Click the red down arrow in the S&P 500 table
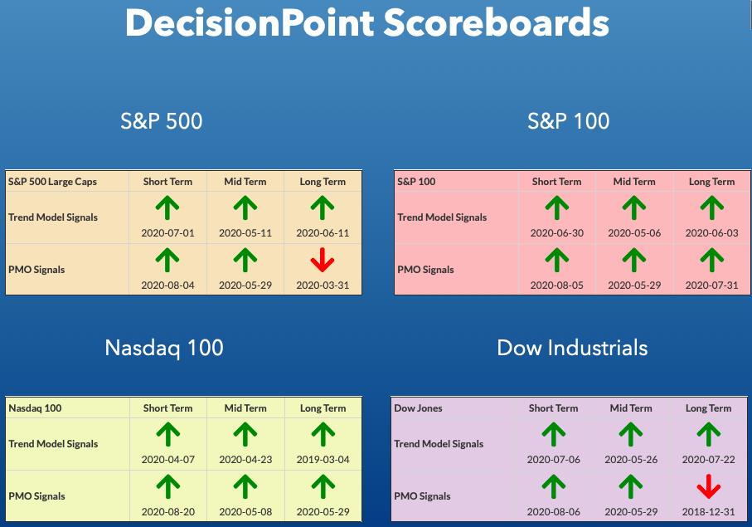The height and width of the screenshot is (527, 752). [323, 260]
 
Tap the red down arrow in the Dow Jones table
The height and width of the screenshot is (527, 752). [708, 486]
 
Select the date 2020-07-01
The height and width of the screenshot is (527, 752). [167, 232]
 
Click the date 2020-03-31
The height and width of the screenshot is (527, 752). [323, 285]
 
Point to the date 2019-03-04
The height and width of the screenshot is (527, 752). [323, 459]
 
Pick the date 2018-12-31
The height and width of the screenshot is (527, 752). [708, 511]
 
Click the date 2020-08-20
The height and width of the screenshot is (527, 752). [167, 511]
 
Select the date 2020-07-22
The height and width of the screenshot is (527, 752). [708, 459]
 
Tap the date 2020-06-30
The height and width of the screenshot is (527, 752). [557, 232]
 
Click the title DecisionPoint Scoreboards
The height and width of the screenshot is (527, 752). [367, 22]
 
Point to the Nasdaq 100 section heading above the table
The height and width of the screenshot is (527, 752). [164, 348]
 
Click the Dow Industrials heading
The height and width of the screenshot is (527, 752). [572, 348]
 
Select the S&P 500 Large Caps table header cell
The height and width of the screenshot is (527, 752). [52, 182]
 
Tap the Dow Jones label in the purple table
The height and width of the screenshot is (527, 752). [418, 408]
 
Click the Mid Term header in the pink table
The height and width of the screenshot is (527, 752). [634, 182]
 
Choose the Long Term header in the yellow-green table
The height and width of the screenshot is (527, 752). [323, 408]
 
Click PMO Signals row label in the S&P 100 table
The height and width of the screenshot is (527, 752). [425, 270]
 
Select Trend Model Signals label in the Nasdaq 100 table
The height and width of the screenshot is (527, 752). [53, 444]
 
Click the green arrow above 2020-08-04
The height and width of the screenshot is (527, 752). [167, 260]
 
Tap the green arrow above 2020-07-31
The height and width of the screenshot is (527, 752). [711, 260]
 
